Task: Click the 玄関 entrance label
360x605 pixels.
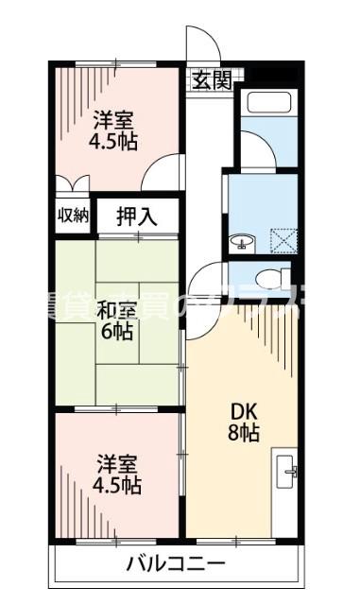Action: (213, 80)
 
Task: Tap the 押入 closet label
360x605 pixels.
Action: (138, 216)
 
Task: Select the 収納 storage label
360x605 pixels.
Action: (73, 215)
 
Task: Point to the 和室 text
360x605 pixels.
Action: (116, 308)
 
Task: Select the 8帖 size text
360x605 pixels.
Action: (244, 434)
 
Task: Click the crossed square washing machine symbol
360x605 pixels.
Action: (283, 242)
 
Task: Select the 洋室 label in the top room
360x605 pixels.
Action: (114, 120)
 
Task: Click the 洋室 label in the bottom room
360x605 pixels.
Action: (118, 464)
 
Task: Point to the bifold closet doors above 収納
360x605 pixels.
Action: (72, 184)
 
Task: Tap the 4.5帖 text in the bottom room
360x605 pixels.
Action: (118, 487)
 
